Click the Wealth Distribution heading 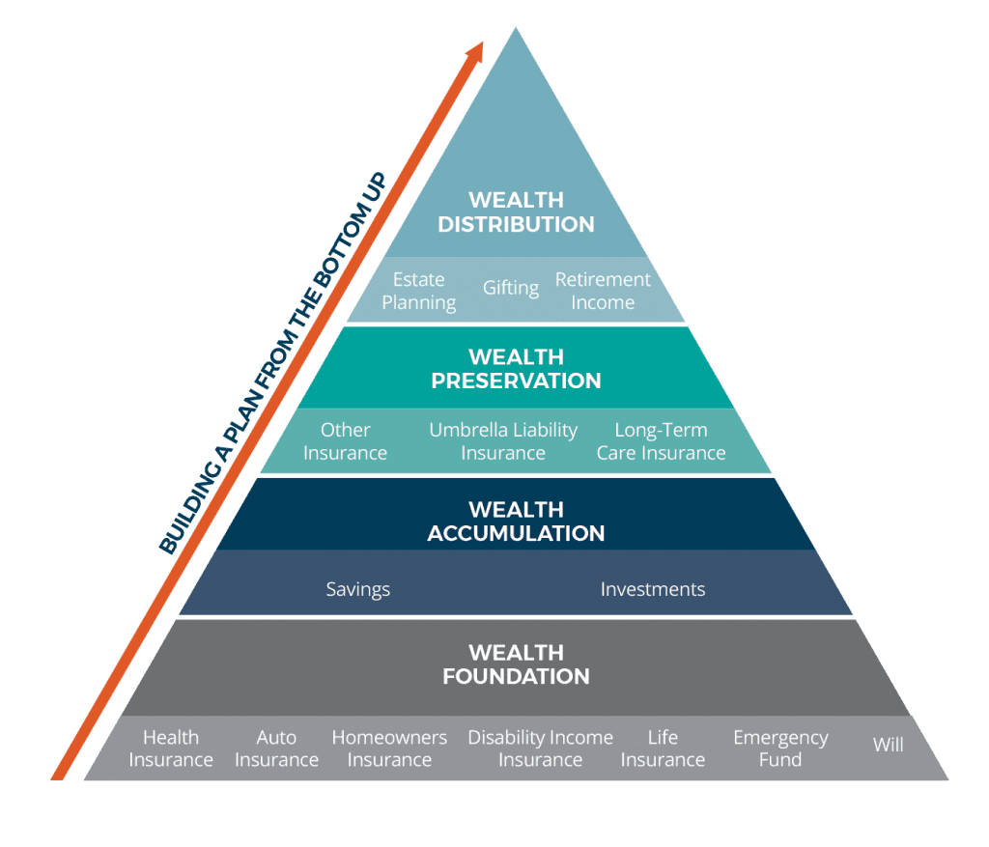click(516, 212)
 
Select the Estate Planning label click(418, 291)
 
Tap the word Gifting click(511, 288)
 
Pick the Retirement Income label click(603, 291)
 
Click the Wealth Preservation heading click(516, 369)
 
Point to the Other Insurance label click(345, 441)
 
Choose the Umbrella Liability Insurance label click(503, 441)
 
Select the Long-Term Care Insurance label click(661, 441)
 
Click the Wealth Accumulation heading click(516, 522)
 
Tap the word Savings click(357, 589)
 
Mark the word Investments click(653, 589)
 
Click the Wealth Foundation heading click(516, 664)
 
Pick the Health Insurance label click(171, 748)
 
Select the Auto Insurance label click(276, 748)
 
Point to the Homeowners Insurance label click(389, 748)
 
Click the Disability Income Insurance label click(540, 748)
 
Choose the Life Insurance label click(663, 748)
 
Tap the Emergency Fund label click(780, 748)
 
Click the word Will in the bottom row click(889, 745)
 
